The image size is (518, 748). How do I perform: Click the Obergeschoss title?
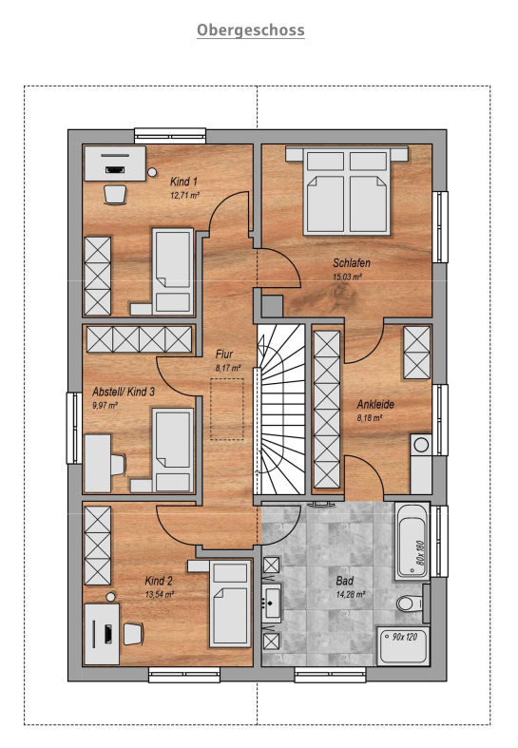pyautogui.click(x=250, y=30)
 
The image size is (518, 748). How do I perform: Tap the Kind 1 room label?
pyautogui.click(x=183, y=182)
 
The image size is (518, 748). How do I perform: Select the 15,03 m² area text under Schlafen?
pyautogui.click(x=347, y=277)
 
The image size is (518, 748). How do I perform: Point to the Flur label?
pyautogui.click(x=224, y=354)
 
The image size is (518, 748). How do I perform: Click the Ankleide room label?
pyautogui.click(x=375, y=405)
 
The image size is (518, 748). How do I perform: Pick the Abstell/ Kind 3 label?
pyautogui.click(x=124, y=392)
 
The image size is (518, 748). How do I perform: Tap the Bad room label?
pyautogui.click(x=344, y=581)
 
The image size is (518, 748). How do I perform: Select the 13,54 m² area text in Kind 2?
pyautogui.click(x=160, y=594)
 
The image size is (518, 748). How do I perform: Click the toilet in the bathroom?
pyautogui.click(x=410, y=604)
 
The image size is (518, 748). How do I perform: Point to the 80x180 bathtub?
pyautogui.click(x=412, y=541)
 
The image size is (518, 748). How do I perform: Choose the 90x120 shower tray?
pyautogui.click(x=403, y=646)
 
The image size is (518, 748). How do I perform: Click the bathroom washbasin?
pyautogui.click(x=272, y=604)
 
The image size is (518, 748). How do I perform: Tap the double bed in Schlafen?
pyautogui.click(x=347, y=190)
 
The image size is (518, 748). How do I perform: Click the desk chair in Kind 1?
pyautogui.click(x=115, y=194)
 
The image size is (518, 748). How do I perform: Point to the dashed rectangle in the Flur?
pyautogui.click(x=227, y=409)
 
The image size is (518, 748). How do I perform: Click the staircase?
pyautogui.click(x=281, y=410)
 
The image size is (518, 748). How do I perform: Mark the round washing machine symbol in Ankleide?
pyautogui.click(x=421, y=445)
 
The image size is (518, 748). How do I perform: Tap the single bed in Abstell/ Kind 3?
pyautogui.click(x=173, y=450)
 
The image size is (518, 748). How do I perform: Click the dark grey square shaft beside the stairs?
pyautogui.click(x=272, y=306)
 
